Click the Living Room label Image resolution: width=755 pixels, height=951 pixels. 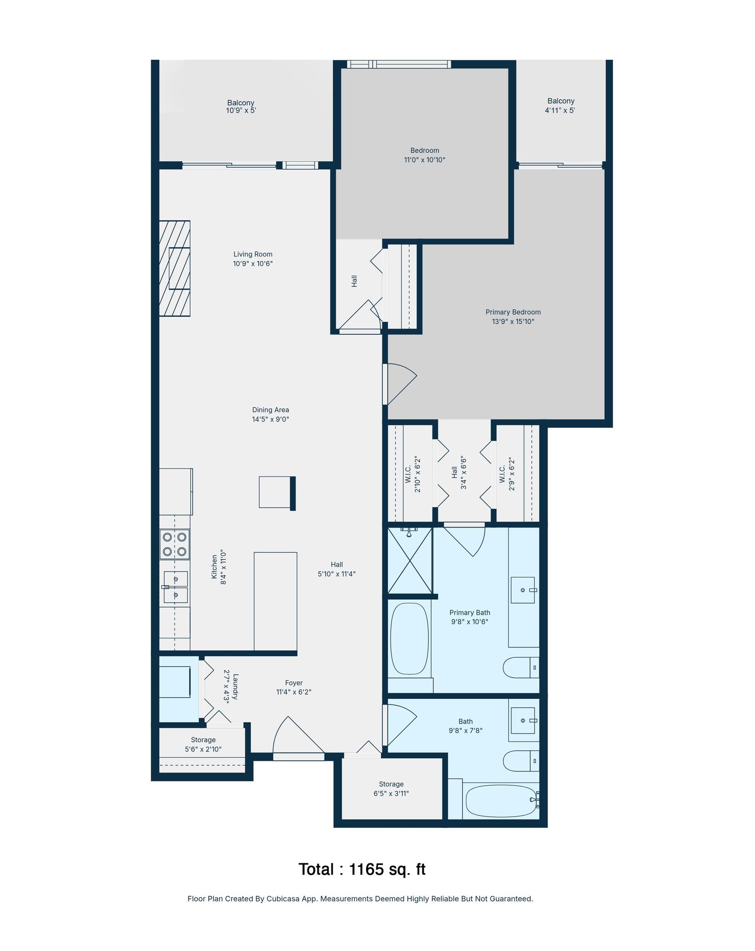[253, 254]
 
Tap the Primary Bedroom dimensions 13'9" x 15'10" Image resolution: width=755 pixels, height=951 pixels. [513, 321]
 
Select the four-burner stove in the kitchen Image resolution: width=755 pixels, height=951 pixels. [174, 544]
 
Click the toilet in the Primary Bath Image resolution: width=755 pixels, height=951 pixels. [521, 668]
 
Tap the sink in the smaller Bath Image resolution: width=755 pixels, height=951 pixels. [523, 720]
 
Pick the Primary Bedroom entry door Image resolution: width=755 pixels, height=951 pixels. [400, 384]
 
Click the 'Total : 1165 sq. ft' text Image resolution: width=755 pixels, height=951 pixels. [362, 869]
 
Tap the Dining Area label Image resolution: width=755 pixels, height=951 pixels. [271, 410]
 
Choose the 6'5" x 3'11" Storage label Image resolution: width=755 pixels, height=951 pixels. [391, 788]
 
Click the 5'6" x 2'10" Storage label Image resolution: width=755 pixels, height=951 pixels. [203, 744]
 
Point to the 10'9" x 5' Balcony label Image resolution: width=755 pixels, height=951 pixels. [241, 106]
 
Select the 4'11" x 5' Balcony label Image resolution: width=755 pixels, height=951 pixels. [561, 105]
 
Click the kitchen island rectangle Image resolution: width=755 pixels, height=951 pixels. [275, 601]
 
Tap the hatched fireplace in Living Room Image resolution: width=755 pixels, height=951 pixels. [174, 268]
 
